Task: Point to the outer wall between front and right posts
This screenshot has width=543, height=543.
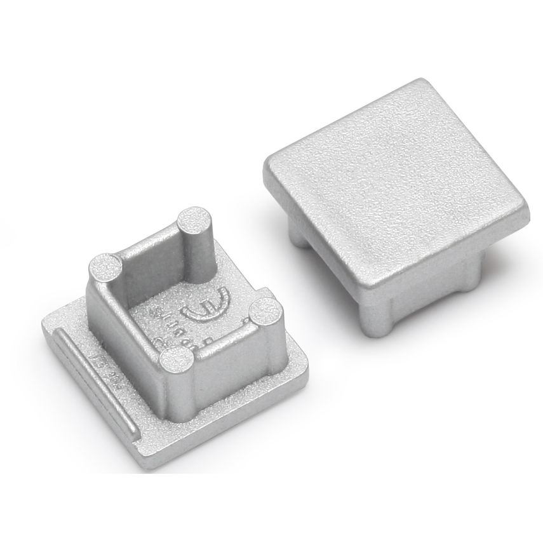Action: (x=222, y=356)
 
